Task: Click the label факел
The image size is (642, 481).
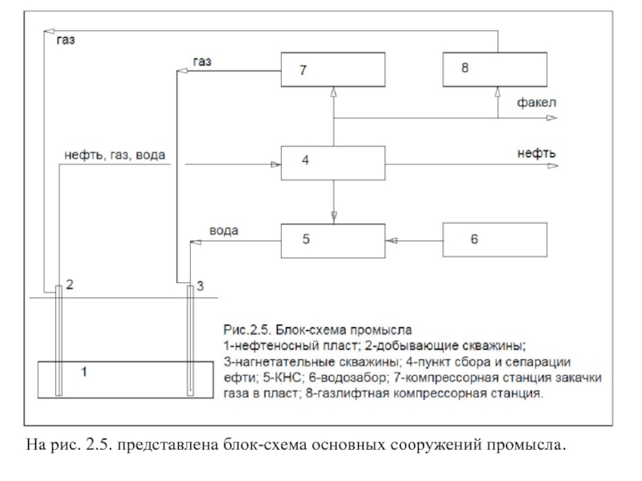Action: click(x=536, y=103)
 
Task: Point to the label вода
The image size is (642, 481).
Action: click(x=224, y=231)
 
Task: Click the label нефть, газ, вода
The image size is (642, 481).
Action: click(x=115, y=156)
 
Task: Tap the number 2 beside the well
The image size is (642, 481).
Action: click(x=70, y=285)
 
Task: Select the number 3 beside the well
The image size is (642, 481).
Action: click(x=200, y=286)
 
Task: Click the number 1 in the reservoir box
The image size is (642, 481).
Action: click(x=84, y=372)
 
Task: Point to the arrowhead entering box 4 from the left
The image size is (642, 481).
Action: click(x=275, y=165)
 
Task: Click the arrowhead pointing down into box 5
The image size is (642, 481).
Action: click(x=334, y=217)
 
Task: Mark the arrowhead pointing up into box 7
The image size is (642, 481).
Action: click(x=334, y=92)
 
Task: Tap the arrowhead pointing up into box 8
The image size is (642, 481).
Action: click(x=498, y=92)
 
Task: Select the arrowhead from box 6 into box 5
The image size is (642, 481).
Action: click(x=391, y=240)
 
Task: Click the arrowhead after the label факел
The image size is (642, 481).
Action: click(x=552, y=118)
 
